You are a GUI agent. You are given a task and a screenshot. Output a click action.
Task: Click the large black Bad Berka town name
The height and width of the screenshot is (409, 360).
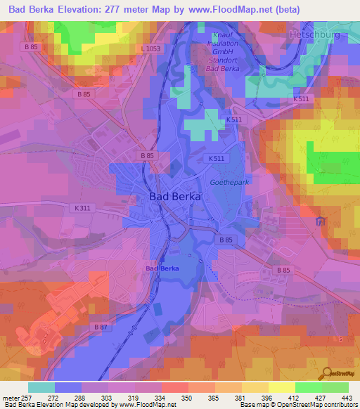(x=175, y=197)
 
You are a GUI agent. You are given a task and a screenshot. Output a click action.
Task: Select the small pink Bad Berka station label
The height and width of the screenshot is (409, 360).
(x=162, y=268)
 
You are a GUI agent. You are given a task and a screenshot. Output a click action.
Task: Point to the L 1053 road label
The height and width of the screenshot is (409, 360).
(x=150, y=48)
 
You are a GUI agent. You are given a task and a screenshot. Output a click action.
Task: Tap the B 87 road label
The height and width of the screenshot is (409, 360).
(x=101, y=327)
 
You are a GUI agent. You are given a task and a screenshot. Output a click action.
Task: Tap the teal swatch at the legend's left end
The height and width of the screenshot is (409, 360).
(x=41, y=387)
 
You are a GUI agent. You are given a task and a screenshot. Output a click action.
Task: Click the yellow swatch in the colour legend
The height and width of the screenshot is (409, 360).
(x=281, y=387)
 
